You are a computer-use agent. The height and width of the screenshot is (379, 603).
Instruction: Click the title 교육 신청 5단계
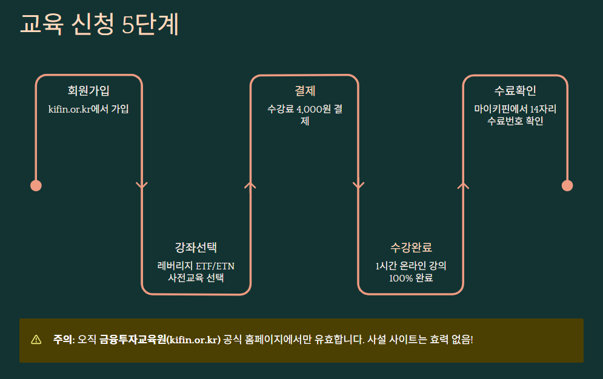(x=99, y=24)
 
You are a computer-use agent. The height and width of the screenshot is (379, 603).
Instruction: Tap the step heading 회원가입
(x=88, y=91)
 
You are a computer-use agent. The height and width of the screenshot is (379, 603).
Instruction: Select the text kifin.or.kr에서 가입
(x=88, y=109)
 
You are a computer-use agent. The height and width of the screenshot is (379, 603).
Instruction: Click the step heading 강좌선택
(x=196, y=247)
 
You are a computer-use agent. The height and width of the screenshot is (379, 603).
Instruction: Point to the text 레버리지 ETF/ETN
(x=196, y=266)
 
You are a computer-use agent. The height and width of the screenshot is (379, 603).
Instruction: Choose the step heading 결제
(x=305, y=91)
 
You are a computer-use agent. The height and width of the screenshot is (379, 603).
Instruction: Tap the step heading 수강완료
(x=411, y=247)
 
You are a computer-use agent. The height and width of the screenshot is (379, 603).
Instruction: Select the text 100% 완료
(x=411, y=278)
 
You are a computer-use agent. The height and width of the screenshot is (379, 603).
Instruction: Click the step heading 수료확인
(x=515, y=91)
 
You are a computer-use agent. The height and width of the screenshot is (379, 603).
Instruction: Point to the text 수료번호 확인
(x=515, y=120)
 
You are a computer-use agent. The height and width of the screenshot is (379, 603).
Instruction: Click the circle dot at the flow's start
(x=36, y=185)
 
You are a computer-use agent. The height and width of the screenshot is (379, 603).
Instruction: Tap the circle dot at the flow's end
(x=567, y=185)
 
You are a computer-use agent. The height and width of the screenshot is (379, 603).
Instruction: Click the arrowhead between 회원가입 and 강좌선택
(x=142, y=185)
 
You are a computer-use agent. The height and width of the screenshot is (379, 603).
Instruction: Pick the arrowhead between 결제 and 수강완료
(x=358, y=185)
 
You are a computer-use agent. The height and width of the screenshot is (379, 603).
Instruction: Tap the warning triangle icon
(x=36, y=339)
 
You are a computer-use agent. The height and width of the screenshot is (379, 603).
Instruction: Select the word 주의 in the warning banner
(x=63, y=339)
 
